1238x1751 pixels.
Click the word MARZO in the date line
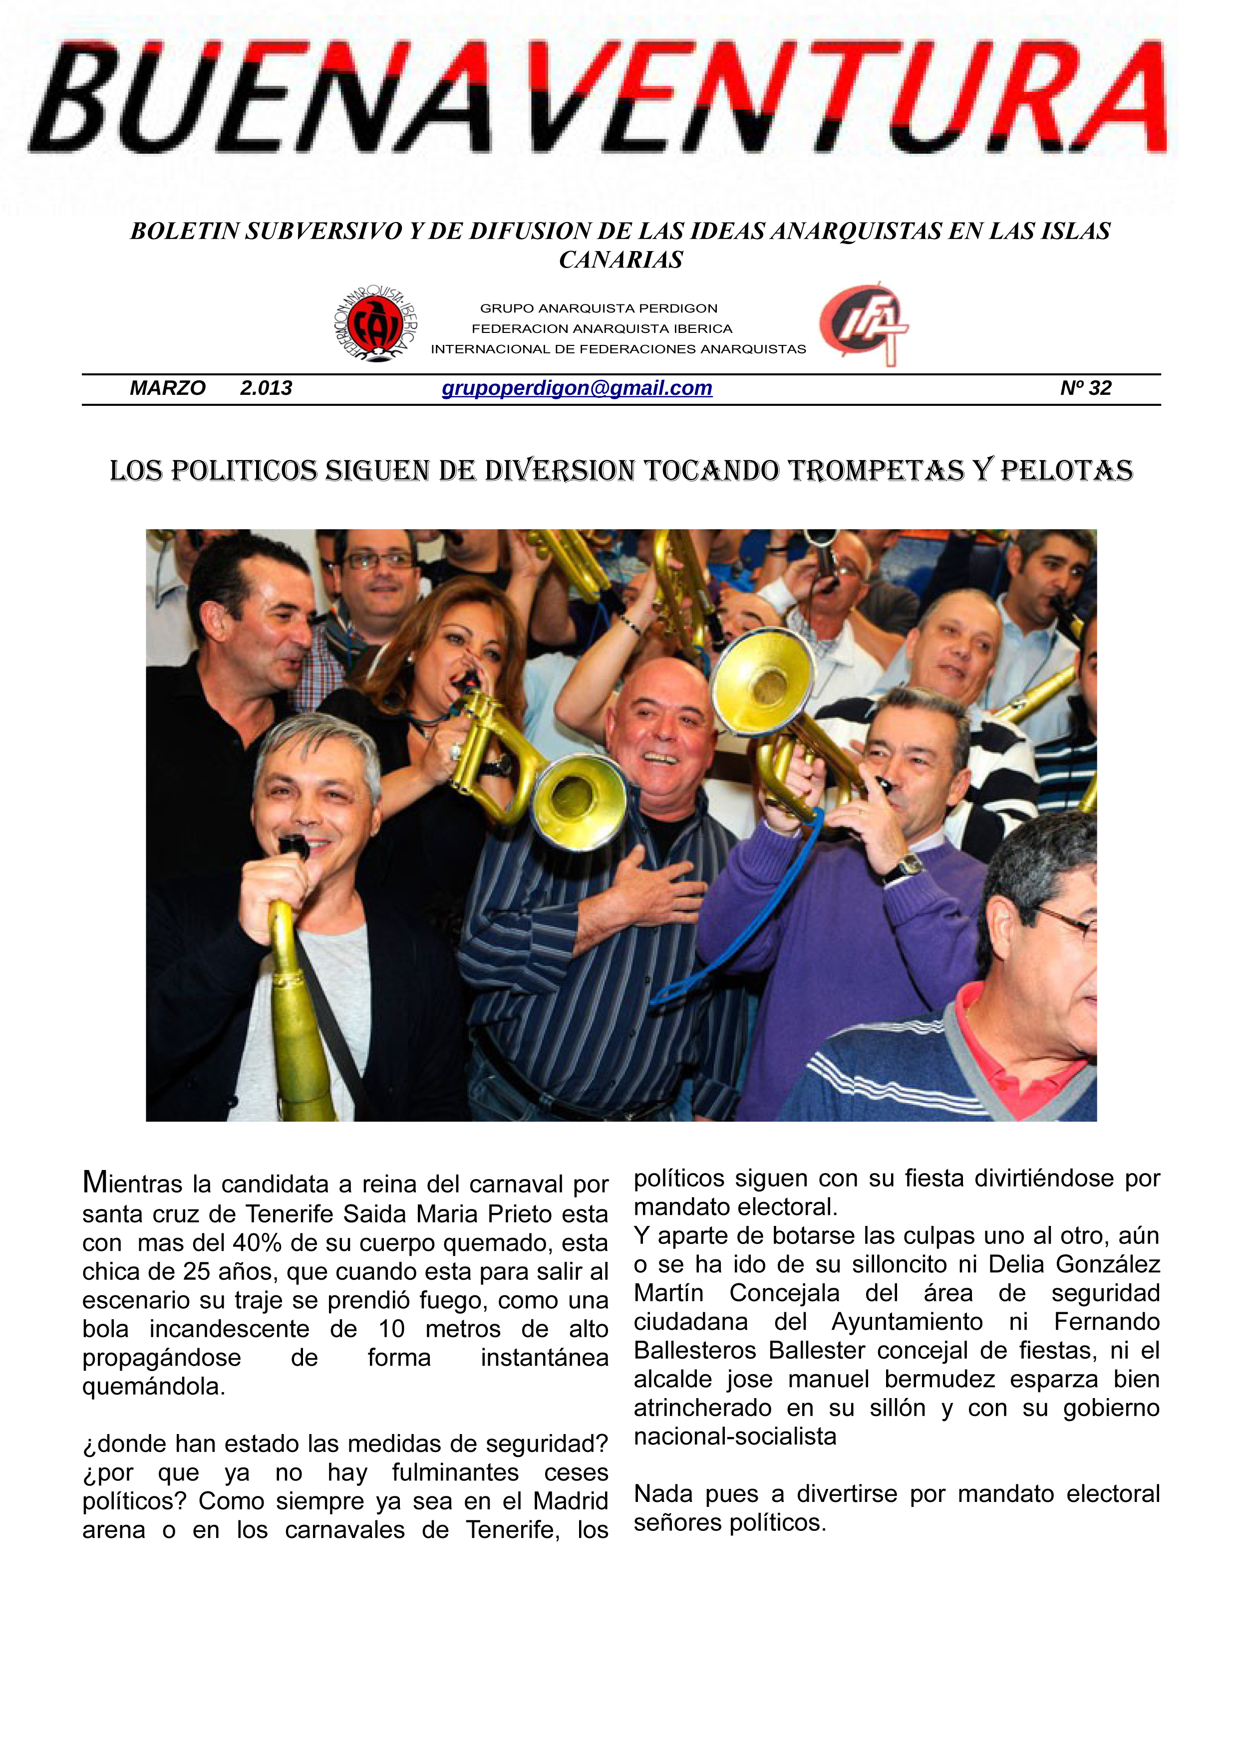167,388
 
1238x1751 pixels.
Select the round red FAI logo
375,324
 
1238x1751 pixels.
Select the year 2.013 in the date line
266,388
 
